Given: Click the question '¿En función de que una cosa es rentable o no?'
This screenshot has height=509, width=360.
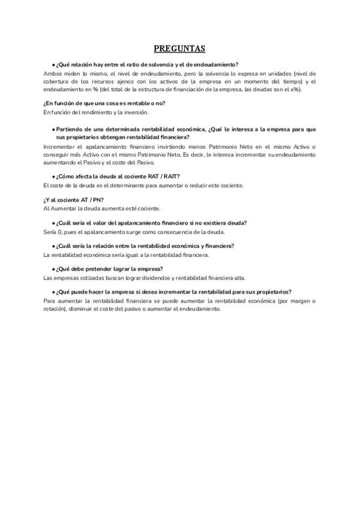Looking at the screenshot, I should point(104,103).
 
